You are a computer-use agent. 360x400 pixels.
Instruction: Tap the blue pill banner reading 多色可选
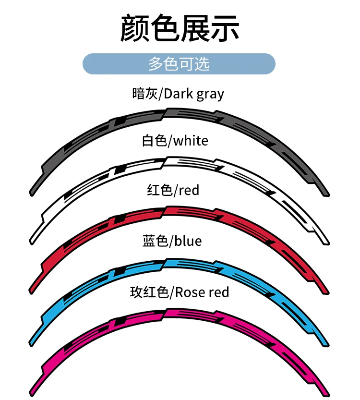click(x=179, y=64)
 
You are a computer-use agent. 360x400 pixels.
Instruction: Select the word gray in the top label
click(x=210, y=94)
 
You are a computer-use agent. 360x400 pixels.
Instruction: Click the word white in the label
click(x=191, y=141)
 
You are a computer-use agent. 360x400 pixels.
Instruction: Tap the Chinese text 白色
click(x=154, y=141)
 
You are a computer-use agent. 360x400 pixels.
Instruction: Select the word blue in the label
click(x=188, y=241)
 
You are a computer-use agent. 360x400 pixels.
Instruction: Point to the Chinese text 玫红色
click(x=149, y=292)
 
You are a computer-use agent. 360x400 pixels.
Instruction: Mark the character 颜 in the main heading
click(x=134, y=28)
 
